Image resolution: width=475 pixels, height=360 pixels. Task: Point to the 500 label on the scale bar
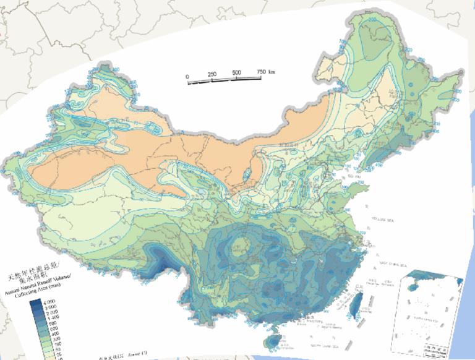click(x=236, y=73)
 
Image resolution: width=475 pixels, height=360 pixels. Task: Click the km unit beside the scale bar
click(x=272, y=71)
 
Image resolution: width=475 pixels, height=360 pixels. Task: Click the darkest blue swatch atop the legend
click(x=35, y=302)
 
